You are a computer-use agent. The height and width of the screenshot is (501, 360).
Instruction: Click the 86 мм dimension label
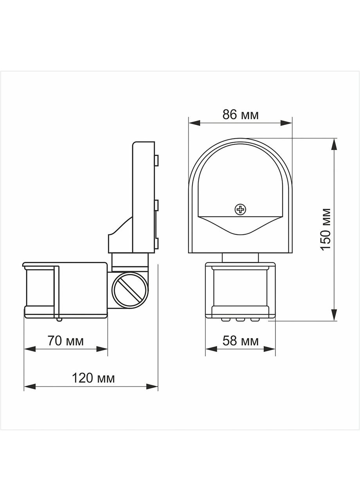click(240, 115)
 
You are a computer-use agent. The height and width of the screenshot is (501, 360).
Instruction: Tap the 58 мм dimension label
click(240, 341)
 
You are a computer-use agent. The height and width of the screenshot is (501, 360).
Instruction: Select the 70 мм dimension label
click(65, 341)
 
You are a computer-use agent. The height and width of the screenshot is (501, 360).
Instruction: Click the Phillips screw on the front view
click(240, 210)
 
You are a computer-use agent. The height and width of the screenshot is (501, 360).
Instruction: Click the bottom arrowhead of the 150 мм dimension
click(334, 315)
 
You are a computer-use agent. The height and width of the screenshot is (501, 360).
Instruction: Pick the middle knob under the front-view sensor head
click(240, 320)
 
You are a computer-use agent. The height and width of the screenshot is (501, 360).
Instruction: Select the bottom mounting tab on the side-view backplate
click(157, 243)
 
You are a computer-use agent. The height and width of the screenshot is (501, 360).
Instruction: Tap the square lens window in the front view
click(240, 287)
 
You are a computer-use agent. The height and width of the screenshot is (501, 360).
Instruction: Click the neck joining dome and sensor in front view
click(240, 258)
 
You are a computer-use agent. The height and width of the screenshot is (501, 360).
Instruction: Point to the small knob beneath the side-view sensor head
click(59, 319)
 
